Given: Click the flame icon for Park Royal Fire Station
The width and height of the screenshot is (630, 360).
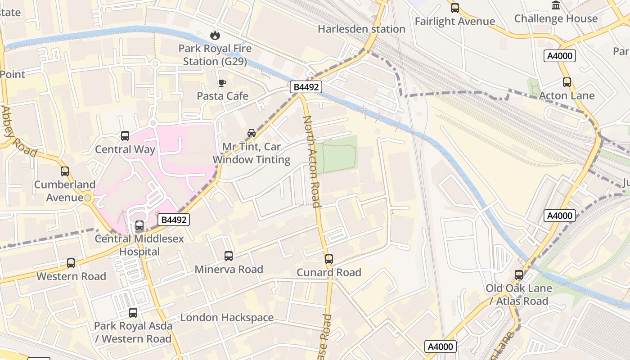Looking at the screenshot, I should (x=215, y=35).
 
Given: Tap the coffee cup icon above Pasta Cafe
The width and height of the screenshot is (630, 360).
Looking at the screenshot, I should (x=222, y=83).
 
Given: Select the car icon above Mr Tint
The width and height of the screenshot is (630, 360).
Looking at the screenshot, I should (x=252, y=133).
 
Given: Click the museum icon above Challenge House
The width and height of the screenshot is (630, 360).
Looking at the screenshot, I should (x=556, y=5).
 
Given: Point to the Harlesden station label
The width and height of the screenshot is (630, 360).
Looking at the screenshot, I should (x=361, y=29).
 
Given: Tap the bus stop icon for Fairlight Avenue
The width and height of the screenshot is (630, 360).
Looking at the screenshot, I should (x=455, y=8).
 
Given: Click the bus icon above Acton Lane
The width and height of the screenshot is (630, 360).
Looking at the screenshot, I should (x=567, y=82).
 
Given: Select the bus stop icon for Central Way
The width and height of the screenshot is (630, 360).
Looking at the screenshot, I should (x=125, y=136).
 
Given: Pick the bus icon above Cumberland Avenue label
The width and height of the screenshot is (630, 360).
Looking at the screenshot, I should (x=65, y=171).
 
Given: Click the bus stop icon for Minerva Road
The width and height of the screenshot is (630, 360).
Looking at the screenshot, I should (x=229, y=256).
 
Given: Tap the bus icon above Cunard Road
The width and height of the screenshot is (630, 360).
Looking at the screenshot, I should (x=329, y=259).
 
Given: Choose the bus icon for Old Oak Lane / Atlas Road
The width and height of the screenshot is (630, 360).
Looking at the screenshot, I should (x=519, y=275).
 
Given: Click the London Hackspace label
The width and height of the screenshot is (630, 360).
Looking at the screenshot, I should (x=227, y=318).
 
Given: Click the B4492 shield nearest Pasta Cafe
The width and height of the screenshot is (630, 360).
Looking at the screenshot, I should (x=306, y=87).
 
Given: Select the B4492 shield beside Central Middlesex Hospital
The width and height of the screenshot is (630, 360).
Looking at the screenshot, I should (x=174, y=220).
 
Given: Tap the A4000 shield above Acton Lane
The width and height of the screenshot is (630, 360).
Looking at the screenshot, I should (x=559, y=56).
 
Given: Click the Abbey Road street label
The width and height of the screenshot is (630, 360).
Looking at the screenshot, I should (x=19, y=131).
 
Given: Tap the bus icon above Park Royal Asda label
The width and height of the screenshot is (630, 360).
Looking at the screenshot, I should (x=133, y=313).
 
